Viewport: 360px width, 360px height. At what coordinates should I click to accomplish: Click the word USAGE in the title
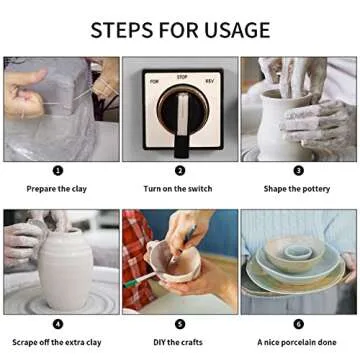pos(237,30)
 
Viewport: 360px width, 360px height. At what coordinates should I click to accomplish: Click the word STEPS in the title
pos(122,30)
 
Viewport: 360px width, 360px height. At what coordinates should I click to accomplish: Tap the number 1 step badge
pos(58,171)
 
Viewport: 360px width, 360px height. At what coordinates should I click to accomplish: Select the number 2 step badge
pos(180,171)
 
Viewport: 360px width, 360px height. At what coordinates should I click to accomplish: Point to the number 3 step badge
pos(298,171)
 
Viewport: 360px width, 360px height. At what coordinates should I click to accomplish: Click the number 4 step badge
pos(58,324)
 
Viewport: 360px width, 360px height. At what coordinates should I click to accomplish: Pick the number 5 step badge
pos(180,324)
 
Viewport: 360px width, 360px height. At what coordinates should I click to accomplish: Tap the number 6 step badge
pos(298,324)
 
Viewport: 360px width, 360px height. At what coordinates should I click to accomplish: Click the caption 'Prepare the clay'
pos(57,189)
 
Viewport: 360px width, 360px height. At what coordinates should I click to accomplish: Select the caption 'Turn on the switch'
pos(178,189)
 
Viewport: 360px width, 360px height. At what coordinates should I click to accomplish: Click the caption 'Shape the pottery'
pos(297,189)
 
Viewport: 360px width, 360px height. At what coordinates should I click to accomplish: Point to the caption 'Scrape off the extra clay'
pos(57,342)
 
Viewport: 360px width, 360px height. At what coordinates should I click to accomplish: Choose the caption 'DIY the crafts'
pos(178,342)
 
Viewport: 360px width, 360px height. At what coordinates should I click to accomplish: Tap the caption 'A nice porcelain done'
pos(297,342)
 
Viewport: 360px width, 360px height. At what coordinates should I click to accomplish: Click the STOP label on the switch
pos(182,77)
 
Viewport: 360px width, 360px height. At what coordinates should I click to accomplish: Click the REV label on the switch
pos(210,81)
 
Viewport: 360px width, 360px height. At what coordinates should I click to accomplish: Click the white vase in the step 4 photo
pos(66,269)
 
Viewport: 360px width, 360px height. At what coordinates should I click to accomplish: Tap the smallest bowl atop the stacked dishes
pos(298,253)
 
